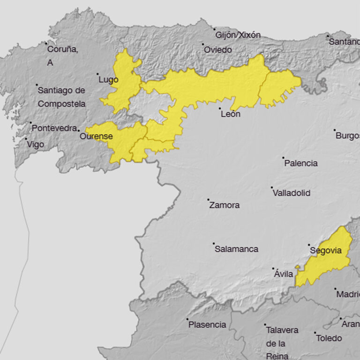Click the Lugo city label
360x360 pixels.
[108, 80]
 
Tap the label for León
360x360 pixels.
[230, 113]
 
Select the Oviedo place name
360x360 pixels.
[217, 50]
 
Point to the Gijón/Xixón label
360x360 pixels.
[238, 35]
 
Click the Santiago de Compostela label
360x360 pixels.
[61, 97]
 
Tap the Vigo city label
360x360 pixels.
[35, 144]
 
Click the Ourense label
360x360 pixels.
[96, 136]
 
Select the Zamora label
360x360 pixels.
[224, 205]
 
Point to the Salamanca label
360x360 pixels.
[236, 249]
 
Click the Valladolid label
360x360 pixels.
[291, 193]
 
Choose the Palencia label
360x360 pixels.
[301, 163]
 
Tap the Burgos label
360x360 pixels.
[347, 136]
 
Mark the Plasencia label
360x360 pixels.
[207, 324]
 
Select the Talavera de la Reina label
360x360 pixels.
[282, 343]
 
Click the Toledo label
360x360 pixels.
[329, 338]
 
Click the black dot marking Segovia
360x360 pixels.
[309, 245]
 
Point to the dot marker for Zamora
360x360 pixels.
[209, 200]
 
